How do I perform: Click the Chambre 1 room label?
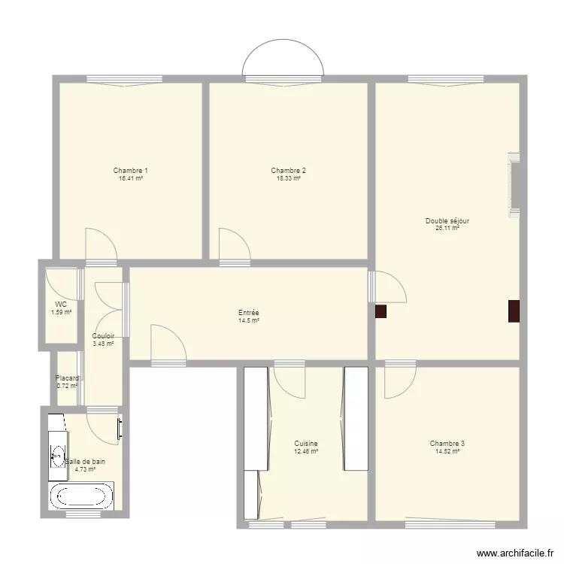pyautogui.click(x=130, y=171)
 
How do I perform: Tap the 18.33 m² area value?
pyautogui.click(x=289, y=179)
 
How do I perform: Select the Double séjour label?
pyautogui.click(x=447, y=221)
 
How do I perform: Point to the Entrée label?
pyautogui.click(x=248, y=313)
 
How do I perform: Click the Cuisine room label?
pyautogui.click(x=306, y=444)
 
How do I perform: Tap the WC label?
pyautogui.click(x=61, y=305)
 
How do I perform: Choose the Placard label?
pyautogui.click(x=66, y=378)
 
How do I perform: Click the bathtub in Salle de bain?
pyautogui.click(x=81, y=496)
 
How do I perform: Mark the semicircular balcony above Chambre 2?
pyautogui.click(x=283, y=58)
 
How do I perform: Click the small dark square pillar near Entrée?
pyautogui.click(x=381, y=311)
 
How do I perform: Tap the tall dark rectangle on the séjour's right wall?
pyautogui.click(x=514, y=311)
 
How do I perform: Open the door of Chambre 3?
pyautogui.click(x=399, y=381)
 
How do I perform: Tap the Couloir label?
pyautogui.click(x=103, y=336)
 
